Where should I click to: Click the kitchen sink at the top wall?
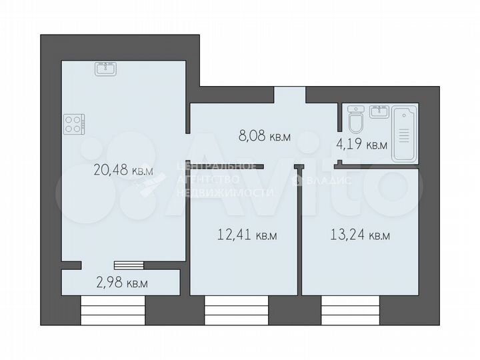pos(105,68)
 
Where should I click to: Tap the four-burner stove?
pos(75,125)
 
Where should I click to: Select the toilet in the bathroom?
pos(355,120)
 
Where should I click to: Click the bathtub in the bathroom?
pos(405,133)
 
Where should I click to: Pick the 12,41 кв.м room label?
pos(247,235)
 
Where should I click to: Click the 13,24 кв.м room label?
pos(360,235)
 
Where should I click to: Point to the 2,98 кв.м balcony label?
pos(122,283)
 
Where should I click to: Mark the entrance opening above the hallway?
pos(290,95)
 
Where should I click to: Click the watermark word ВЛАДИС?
pos(328,179)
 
